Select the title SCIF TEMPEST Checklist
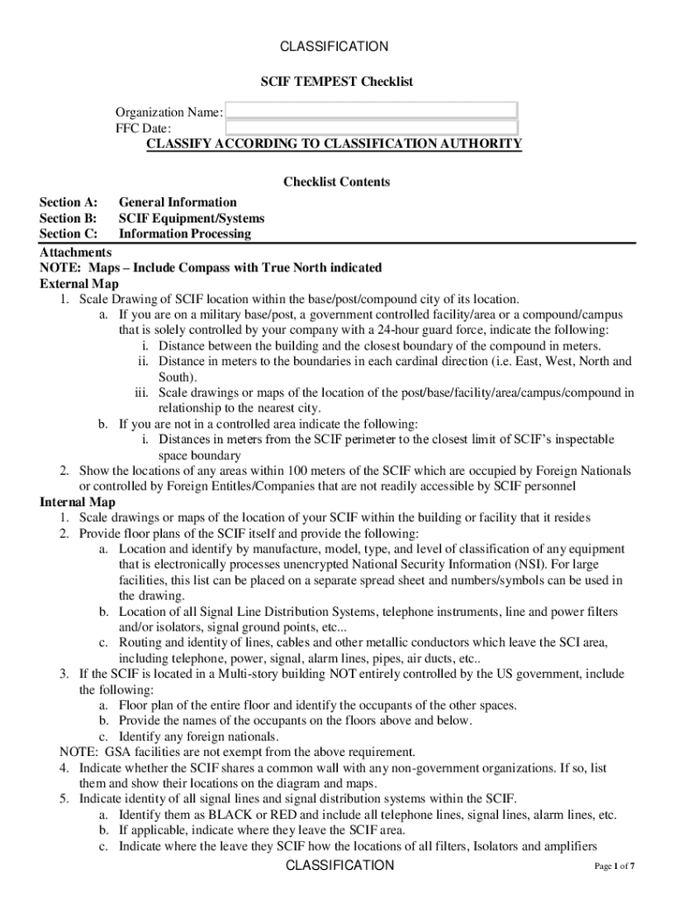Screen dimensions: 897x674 pos(336,81)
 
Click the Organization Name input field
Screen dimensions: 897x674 pos(374,110)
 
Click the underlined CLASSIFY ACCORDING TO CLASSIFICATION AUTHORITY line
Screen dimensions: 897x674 pos(333,144)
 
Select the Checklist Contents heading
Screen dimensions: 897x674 pos(336,182)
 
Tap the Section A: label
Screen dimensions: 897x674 pos(68,202)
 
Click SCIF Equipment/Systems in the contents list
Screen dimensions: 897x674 pos(192,218)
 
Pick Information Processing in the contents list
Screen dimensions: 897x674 pos(185,234)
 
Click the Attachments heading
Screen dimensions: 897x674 pos(75,251)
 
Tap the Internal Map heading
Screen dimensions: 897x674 pos(78,502)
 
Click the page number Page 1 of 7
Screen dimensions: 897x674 pos(614,866)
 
